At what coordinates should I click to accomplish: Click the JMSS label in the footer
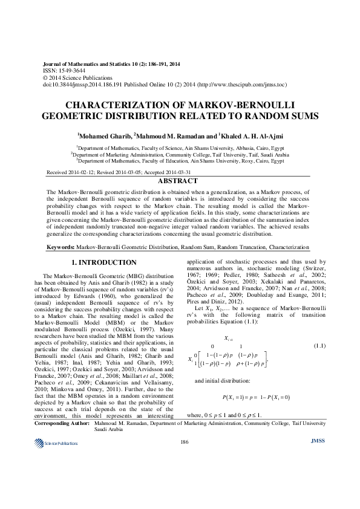pos(318,475)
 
